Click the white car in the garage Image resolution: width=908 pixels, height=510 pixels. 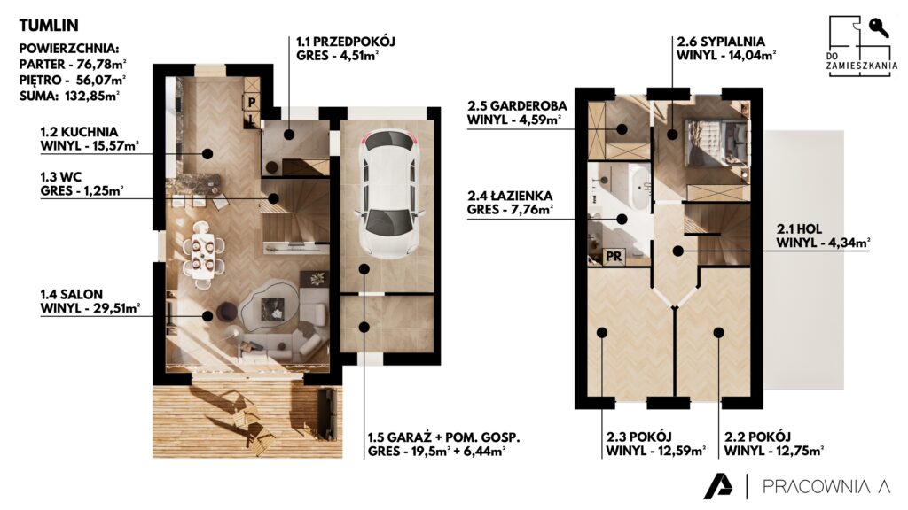click(x=388, y=194)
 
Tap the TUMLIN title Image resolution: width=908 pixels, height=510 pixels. click(x=49, y=25)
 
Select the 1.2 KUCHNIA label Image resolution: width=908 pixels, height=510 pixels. click(x=79, y=132)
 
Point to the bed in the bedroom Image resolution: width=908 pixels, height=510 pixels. click(x=715, y=143)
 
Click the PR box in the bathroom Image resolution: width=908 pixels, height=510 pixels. click(x=614, y=256)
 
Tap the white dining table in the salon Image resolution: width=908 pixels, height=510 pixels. click(x=203, y=252)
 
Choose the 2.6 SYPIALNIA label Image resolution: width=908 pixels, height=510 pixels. click(x=721, y=42)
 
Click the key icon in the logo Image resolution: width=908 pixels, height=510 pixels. click(x=879, y=27)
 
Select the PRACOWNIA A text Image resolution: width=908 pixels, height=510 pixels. click(x=826, y=486)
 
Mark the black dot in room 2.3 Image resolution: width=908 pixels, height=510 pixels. click(x=602, y=333)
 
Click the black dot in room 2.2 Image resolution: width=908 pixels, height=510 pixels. click(x=718, y=333)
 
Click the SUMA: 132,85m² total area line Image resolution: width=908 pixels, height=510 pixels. click(x=69, y=96)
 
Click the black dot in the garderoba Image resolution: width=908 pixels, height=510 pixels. click(x=622, y=129)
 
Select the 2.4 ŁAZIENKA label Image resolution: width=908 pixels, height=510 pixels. click(x=510, y=196)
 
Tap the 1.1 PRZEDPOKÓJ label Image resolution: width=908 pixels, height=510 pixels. click(x=346, y=42)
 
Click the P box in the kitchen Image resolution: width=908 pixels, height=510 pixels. click(x=252, y=103)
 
